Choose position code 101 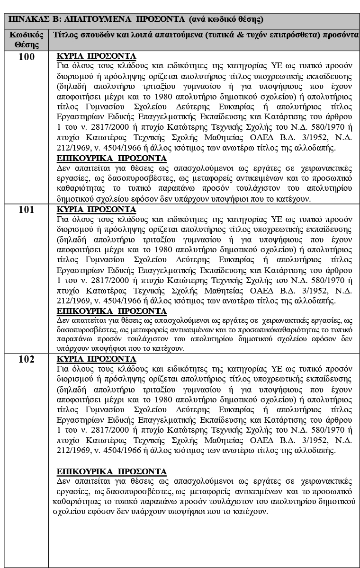[x=27, y=210]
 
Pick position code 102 [x=27, y=359]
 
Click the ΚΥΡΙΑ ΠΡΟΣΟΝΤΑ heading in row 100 [x=96, y=56]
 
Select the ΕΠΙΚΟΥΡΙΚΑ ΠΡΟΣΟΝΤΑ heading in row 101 [x=111, y=311]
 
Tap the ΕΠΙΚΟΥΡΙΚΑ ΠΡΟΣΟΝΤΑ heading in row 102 [x=111, y=471]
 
